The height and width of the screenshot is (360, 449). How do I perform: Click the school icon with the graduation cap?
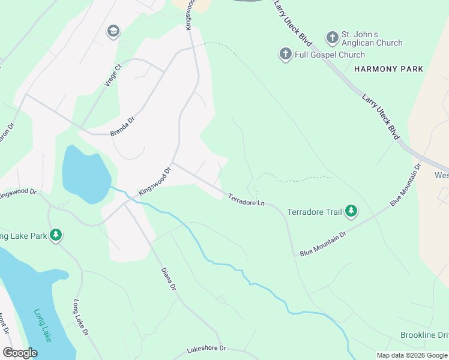click(113, 31)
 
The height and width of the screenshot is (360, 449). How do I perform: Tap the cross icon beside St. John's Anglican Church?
click(332, 38)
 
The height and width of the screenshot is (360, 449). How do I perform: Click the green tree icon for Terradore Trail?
click(352, 211)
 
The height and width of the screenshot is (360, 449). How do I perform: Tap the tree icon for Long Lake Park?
click(56, 235)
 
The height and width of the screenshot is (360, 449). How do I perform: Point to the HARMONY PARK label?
click(388, 69)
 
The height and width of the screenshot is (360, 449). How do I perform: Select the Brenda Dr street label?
click(124, 127)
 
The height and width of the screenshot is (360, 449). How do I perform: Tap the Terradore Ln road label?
click(246, 200)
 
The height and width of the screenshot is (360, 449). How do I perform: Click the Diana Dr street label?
click(168, 279)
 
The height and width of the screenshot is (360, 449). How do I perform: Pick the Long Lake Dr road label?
click(80, 317)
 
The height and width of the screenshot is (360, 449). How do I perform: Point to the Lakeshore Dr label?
click(206, 348)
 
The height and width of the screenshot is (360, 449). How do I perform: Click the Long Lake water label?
click(43, 326)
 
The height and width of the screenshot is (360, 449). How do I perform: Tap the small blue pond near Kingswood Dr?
click(85, 174)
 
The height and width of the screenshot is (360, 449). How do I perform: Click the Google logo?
click(20, 353)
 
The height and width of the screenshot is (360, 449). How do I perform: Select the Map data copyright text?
click(411, 355)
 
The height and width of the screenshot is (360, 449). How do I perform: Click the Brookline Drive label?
click(424, 334)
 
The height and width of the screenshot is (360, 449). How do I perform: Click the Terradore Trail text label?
click(314, 212)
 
